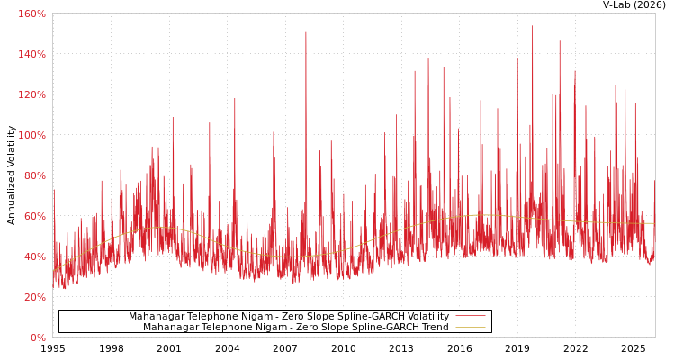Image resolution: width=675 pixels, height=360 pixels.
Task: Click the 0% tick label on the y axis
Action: (38, 337)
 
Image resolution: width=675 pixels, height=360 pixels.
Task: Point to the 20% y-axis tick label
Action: (34, 297)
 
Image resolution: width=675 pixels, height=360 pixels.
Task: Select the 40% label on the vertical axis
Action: (34, 256)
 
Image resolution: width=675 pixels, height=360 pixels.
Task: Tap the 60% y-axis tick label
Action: (34, 216)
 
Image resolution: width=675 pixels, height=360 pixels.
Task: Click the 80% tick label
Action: (34, 175)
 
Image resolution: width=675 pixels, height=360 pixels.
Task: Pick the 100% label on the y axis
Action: (31, 135)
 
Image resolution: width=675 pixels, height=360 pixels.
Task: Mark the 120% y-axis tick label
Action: (31, 94)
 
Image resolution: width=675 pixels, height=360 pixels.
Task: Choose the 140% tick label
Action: (31, 54)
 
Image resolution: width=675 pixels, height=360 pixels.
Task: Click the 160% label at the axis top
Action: (31, 13)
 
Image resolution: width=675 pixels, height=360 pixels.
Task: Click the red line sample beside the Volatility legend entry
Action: (470, 317)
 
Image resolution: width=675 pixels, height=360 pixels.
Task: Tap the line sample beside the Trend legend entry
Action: (470, 328)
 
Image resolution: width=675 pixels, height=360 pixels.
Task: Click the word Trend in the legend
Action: (434, 328)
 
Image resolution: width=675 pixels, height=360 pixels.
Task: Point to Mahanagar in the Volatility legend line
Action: (157, 317)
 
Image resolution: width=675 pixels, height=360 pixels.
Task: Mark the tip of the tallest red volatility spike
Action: (532, 26)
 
